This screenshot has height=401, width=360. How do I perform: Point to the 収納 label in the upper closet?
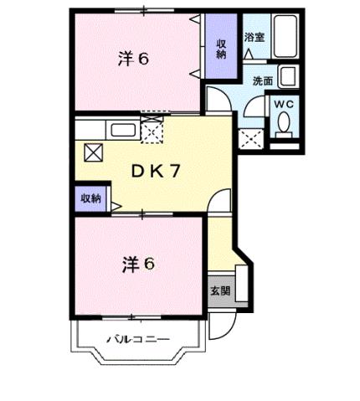222,49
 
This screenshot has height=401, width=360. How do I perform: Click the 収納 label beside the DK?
90,198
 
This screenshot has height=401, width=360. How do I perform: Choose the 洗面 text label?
264,81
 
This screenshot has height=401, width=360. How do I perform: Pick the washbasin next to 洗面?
287,76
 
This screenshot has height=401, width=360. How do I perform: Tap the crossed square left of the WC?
249,138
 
